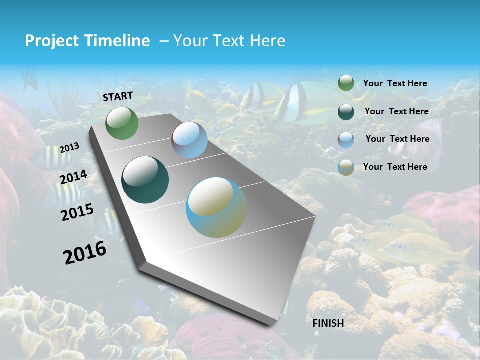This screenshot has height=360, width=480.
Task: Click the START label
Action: point(118,96)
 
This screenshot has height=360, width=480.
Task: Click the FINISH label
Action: point(328,323)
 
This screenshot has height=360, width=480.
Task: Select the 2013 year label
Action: point(69,148)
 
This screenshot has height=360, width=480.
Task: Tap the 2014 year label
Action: point(73,177)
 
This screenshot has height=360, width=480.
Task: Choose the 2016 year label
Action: point(85,252)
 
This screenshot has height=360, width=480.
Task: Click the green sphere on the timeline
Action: point(122,123)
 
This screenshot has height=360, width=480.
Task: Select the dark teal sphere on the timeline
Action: point(145,180)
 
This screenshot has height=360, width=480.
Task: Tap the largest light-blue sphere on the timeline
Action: point(216,207)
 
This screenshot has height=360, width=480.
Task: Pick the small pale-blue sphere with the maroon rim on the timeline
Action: point(189,140)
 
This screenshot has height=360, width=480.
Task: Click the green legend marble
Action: point(346,83)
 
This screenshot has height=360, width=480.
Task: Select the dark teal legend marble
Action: point(346,111)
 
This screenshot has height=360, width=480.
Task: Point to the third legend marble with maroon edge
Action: point(346,140)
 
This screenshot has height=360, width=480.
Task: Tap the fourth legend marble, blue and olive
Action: point(346,167)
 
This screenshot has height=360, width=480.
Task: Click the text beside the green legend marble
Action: point(395,83)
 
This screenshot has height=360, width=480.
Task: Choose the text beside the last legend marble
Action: point(395,167)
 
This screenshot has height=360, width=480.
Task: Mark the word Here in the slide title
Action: point(267,41)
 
